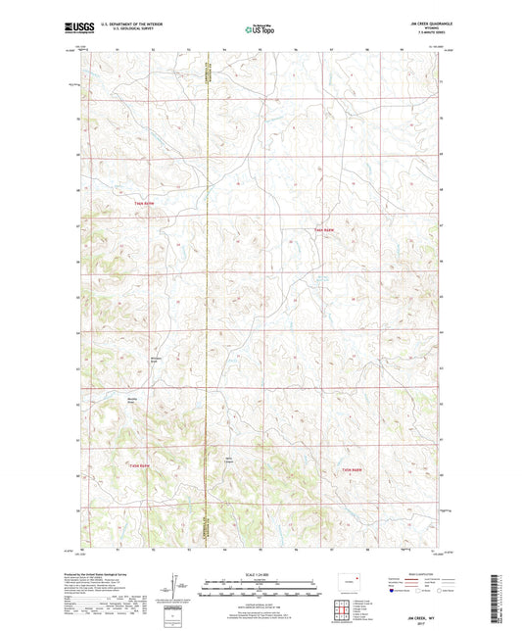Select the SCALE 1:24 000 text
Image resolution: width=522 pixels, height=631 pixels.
261,574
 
